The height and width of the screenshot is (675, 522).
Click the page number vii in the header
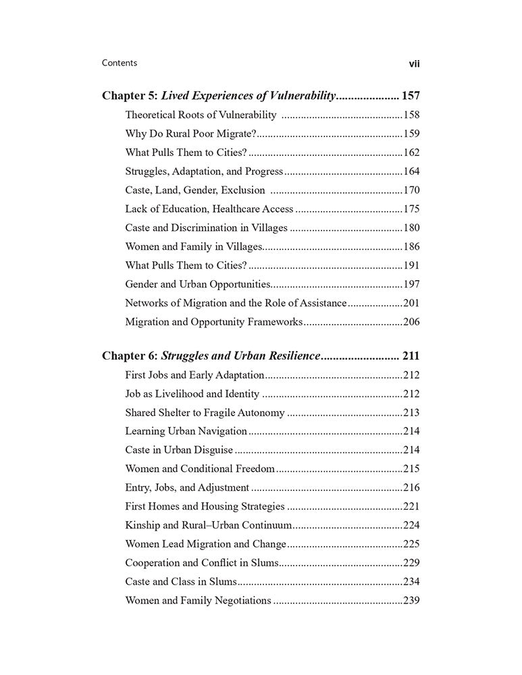(x=415, y=64)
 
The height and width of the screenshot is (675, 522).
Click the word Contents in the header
(x=120, y=63)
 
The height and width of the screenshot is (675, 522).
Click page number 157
(x=411, y=96)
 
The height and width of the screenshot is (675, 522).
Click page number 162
(x=411, y=153)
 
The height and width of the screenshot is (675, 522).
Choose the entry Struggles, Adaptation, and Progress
(x=204, y=171)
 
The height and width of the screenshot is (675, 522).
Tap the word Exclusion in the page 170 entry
(x=242, y=190)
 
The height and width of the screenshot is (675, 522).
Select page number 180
(x=411, y=228)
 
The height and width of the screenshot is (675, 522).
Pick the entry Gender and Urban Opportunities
(x=198, y=285)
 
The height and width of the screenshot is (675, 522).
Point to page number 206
(x=411, y=322)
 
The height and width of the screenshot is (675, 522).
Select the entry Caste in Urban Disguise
(x=179, y=450)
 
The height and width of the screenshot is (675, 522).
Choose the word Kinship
(x=144, y=524)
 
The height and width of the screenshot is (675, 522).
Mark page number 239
(x=411, y=600)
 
